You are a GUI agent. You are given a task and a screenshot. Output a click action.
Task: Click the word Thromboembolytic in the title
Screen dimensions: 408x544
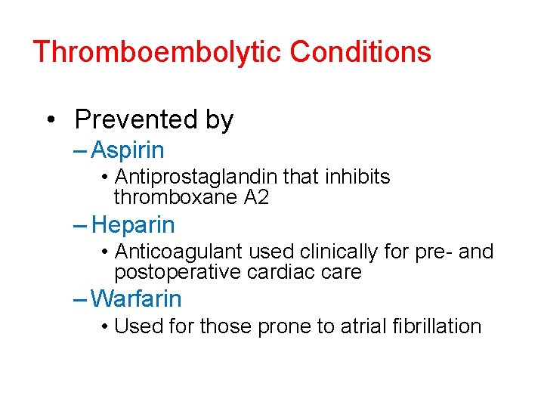pos(157,52)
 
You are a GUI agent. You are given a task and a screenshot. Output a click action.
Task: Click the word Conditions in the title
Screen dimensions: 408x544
pos(360,52)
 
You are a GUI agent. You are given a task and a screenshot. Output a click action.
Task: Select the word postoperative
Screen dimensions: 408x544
pos(178,271)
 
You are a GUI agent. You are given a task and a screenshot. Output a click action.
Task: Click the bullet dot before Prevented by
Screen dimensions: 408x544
pos(51,120)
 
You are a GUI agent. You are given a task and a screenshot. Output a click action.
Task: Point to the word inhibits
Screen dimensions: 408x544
pos(360,177)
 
